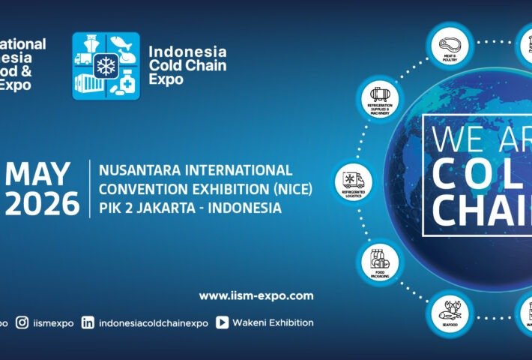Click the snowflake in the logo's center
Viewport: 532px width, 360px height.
point(106,66)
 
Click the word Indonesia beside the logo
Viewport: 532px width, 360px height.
point(187,52)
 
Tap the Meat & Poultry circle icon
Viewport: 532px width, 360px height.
point(450,45)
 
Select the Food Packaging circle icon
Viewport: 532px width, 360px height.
point(379,262)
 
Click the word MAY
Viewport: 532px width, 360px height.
point(42,175)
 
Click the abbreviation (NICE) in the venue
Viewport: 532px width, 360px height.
point(290,189)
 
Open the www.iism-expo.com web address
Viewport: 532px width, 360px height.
point(256,295)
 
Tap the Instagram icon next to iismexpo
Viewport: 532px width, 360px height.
point(22,322)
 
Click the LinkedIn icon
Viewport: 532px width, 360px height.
point(88,322)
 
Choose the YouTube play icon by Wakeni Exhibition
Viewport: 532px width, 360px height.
point(222,322)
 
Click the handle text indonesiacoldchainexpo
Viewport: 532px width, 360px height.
point(153,322)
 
